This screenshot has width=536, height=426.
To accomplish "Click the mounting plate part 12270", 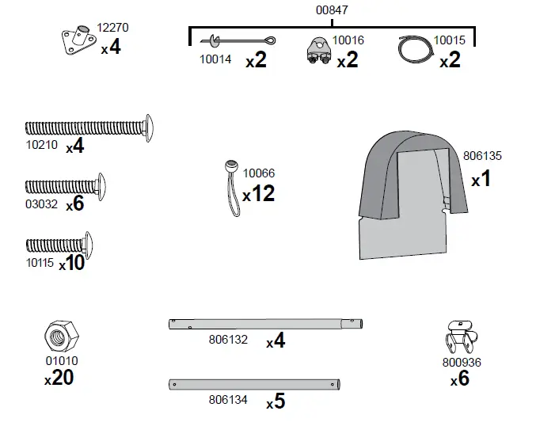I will (x=77, y=41).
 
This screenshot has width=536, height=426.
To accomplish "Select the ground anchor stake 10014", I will (x=238, y=41).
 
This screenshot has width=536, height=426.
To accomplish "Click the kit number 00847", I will (x=331, y=10).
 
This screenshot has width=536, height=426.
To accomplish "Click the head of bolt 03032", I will (x=100, y=186).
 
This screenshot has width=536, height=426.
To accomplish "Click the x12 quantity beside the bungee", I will (x=258, y=193).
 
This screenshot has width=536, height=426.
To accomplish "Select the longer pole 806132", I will (x=265, y=323).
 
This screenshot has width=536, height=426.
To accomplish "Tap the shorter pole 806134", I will (x=256, y=384).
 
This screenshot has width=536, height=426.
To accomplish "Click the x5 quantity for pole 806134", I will (x=275, y=402).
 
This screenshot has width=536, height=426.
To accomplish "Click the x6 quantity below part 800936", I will (x=459, y=379).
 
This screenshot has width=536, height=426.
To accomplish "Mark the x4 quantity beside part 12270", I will (x=111, y=48).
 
